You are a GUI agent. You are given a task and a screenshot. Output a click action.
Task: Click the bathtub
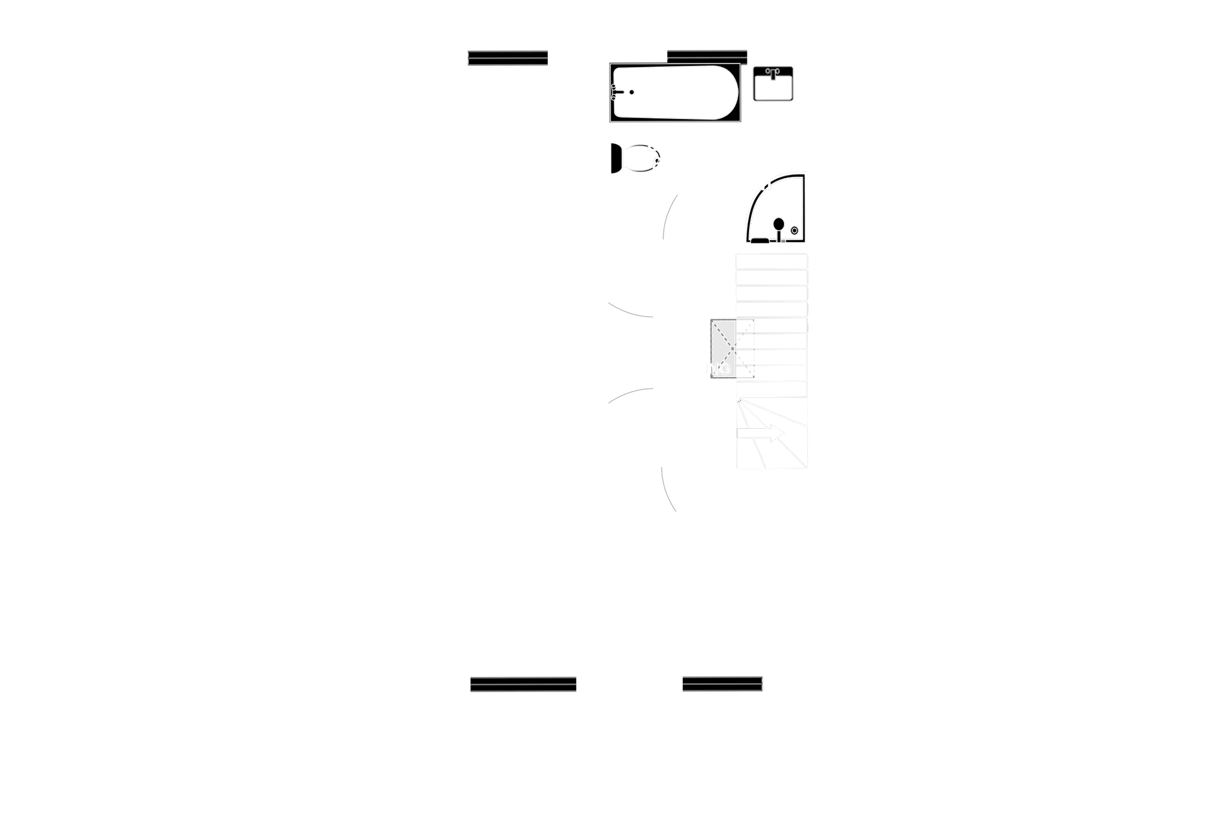point(677,94)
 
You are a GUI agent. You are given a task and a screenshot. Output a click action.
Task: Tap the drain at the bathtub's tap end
point(632,93)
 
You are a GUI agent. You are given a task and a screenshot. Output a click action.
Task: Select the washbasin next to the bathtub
point(772,84)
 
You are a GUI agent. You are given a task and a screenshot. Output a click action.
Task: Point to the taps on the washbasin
point(772,72)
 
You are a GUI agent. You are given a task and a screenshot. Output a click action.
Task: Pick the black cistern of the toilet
point(615,159)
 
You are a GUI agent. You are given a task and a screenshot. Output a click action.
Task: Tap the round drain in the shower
point(795,231)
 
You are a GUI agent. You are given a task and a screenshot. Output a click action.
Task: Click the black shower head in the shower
point(778,224)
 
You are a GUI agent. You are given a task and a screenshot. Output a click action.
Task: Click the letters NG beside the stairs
point(719,369)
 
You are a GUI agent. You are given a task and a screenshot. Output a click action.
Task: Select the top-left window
point(508,57)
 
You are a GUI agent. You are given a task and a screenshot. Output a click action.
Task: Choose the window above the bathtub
point(707,56)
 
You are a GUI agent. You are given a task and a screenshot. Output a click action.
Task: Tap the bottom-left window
point(523,683)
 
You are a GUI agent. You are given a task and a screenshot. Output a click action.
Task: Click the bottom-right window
point(722,683)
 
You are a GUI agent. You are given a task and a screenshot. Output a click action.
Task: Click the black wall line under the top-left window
point(508,69)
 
